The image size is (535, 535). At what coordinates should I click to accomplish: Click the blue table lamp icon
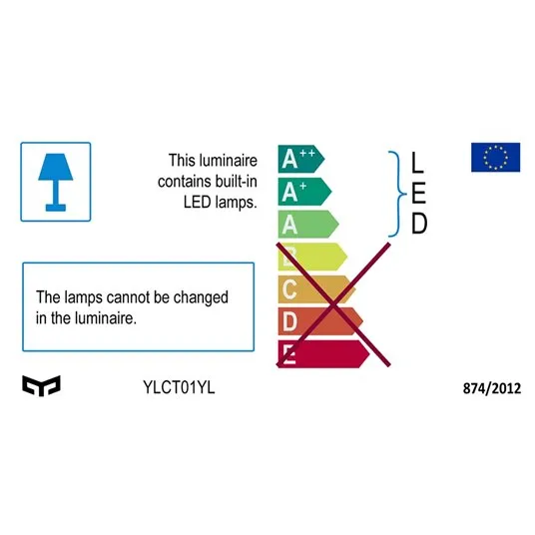[x=56, y=183]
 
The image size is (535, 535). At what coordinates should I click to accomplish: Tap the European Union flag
[x=495, y=158]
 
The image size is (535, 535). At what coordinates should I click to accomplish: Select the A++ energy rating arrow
[x=301, y=159]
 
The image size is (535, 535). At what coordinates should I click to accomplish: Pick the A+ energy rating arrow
[x=304, y=192]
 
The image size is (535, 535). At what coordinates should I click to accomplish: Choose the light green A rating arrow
[x=308, y=225]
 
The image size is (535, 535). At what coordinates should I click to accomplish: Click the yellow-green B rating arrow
[x=312, y=257]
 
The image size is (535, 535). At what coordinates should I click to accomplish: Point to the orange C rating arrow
[x=316, y=289]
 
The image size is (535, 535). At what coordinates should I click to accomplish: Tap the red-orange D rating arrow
[x=320, y=321]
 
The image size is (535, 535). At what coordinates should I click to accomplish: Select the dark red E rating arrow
[x=323, y=353]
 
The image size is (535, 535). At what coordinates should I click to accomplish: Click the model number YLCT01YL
[x=179, y=387]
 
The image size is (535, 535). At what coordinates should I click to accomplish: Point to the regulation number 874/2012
[x=492, y=388]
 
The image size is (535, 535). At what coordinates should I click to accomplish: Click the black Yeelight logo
[x=41, y=386]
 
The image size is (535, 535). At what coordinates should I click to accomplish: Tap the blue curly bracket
[x=398, y=194]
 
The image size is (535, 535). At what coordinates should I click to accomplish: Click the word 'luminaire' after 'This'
[x=229, y=161]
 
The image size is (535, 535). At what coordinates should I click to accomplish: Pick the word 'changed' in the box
[x=201, y=297]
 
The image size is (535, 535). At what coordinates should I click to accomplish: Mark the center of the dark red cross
[x=333, y=304]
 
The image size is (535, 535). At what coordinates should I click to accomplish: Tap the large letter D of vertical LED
[x=419, y=224]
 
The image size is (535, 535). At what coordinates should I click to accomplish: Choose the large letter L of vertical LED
[x=417, y=162]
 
